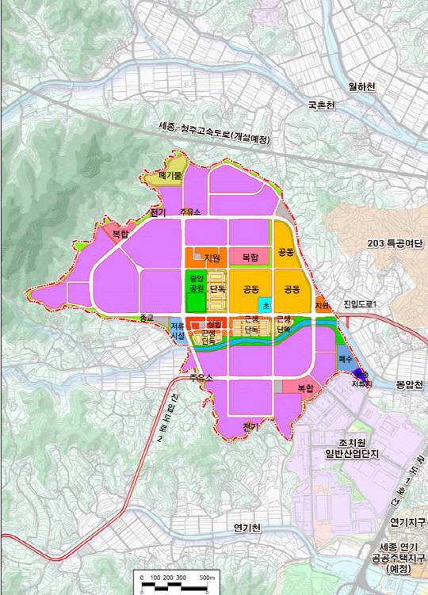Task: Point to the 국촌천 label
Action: (323, 105)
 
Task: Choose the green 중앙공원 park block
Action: (195, 284)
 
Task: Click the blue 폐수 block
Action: (344, 358)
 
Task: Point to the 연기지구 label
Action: (407, 522)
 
